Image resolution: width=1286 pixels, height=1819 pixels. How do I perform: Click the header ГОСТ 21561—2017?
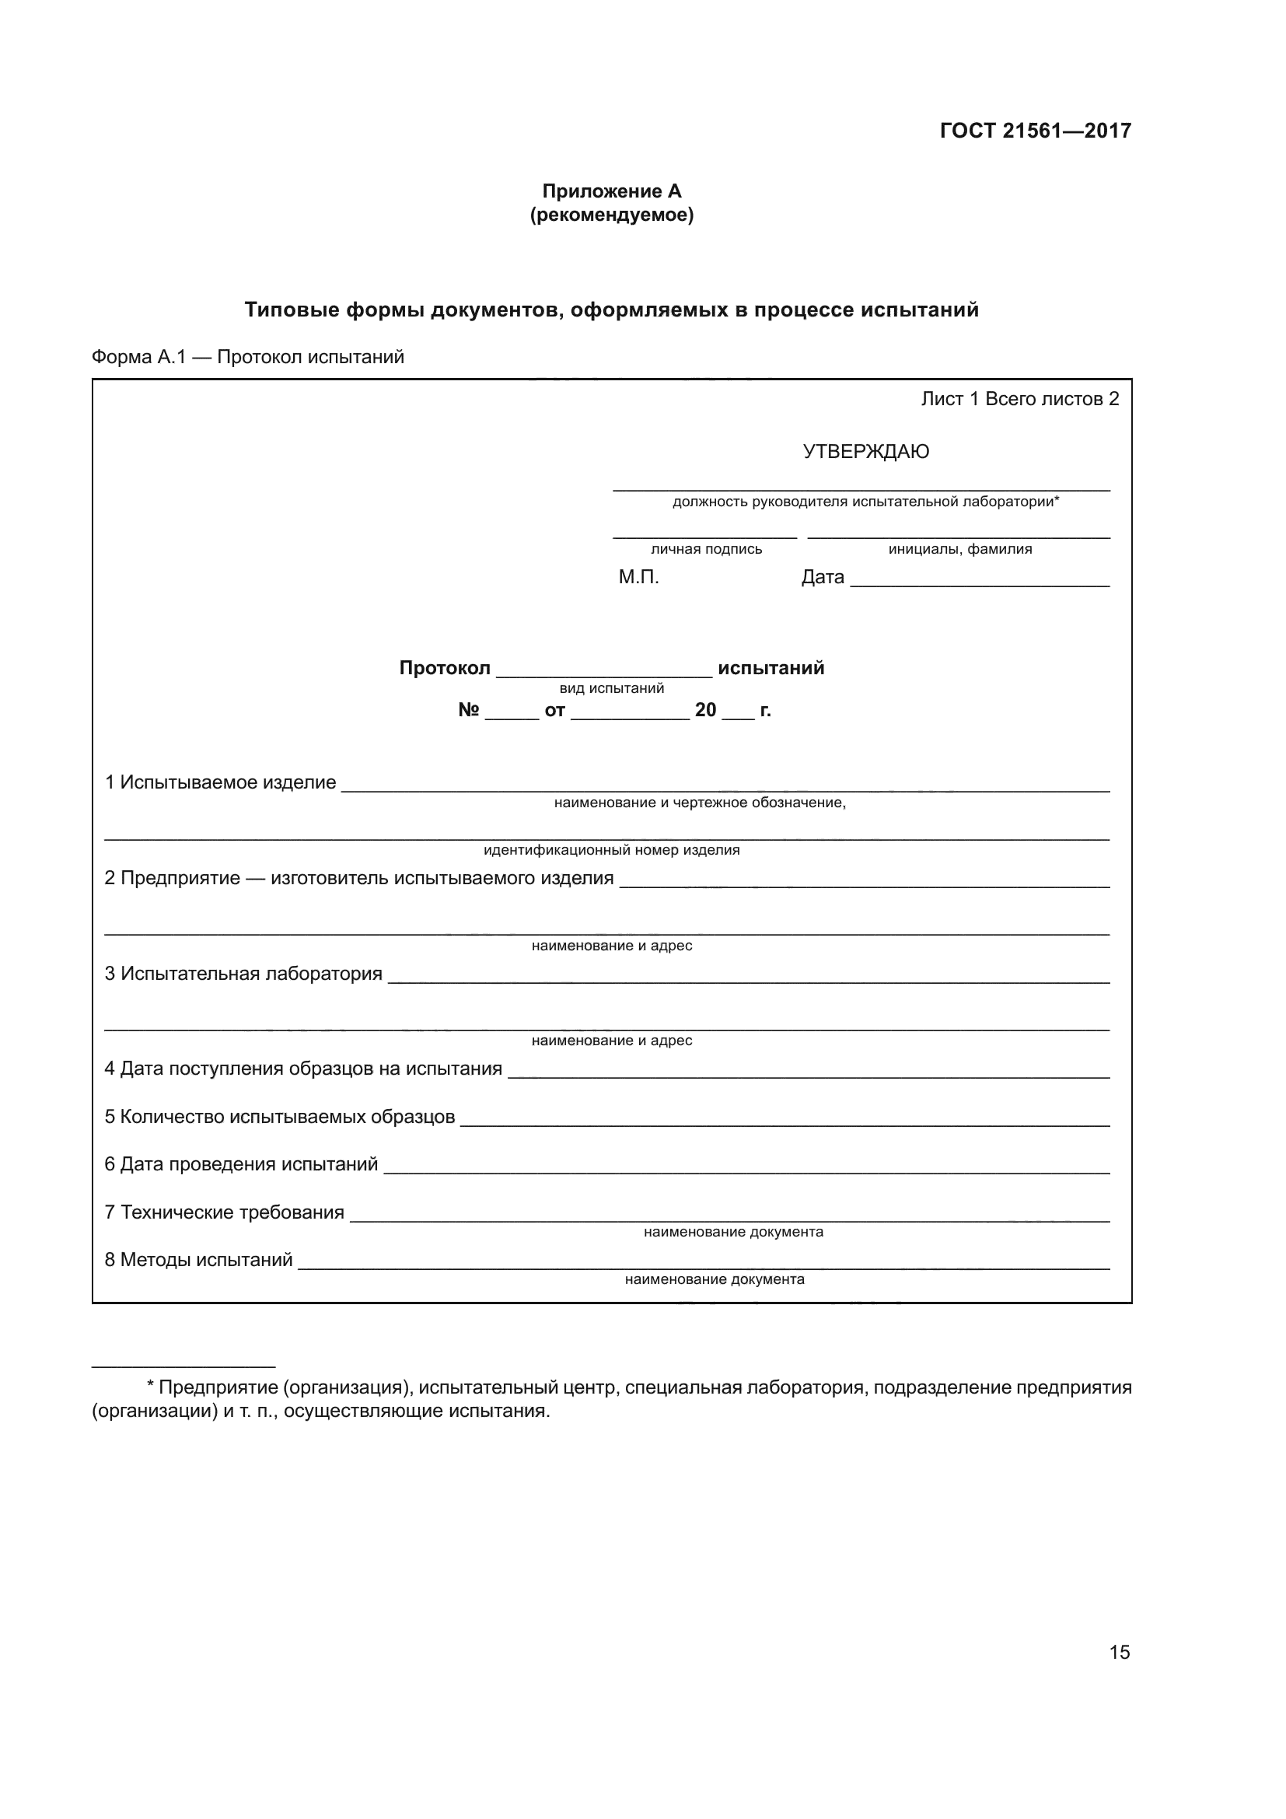[1035, 131]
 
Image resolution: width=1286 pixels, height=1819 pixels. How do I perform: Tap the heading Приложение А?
[611, 191]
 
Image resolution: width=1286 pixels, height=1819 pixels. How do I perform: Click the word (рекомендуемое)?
[611, 215]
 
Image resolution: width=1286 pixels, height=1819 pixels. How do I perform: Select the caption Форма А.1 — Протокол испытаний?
[248, 357]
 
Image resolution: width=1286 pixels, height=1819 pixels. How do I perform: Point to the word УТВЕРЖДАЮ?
[865, 452]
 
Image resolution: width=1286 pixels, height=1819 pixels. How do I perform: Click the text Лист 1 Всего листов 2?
[1020, 399]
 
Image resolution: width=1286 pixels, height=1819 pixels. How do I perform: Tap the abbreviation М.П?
[638, 577]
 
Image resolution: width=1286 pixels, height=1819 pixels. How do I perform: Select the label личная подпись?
[706, 549]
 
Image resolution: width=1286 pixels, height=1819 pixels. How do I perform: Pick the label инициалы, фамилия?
[959, 549]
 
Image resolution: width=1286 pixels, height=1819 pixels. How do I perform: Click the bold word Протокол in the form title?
[444, 668]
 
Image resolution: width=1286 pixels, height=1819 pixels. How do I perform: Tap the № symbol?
[468, 710]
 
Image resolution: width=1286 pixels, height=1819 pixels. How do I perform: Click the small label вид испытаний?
[611, 688]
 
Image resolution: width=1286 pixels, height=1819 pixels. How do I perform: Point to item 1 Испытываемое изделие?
[221, 783]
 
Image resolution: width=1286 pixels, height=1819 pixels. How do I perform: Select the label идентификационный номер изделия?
[611, 850]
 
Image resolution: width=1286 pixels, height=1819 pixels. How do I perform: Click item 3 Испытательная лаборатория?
[244, 974]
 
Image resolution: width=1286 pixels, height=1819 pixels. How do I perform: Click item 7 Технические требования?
[225, 1212]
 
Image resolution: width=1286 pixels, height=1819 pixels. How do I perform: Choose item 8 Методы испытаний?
[199, 1260]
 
